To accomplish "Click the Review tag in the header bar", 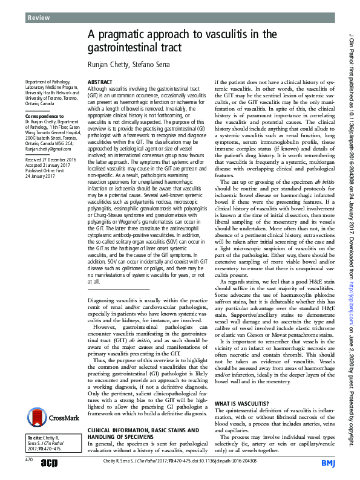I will point(38,18).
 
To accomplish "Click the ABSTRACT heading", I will point(101,80).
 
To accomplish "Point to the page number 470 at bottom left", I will point(28,460).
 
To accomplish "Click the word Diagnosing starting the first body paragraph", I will point(105,300).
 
